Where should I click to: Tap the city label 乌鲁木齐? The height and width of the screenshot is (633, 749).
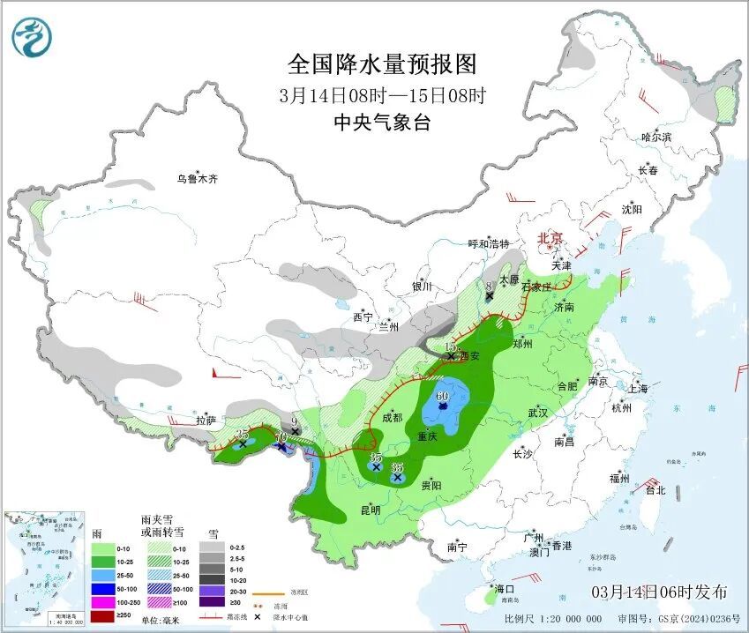196,179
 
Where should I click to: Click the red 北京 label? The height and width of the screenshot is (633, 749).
551,238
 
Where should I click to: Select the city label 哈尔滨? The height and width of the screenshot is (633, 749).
656,137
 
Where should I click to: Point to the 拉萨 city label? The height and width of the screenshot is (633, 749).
205,421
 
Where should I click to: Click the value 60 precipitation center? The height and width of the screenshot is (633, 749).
441,396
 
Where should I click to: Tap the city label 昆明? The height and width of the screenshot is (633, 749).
370,510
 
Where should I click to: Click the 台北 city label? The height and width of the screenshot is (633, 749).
654,490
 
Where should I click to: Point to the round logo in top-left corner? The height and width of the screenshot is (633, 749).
32,36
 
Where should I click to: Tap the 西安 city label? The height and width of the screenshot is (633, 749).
468,357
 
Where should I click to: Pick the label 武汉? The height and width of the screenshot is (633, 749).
538,413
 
